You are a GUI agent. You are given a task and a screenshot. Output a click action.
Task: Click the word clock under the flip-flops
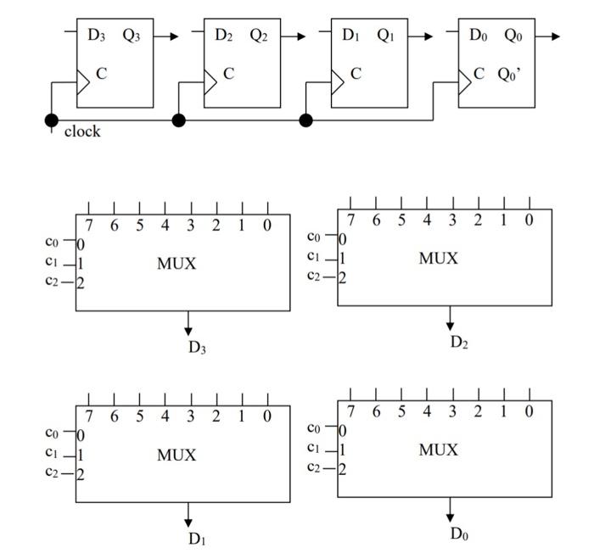coord(82,131)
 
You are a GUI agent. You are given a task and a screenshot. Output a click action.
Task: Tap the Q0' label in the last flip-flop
coord(509,74)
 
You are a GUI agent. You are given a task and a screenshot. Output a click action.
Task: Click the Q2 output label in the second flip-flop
coord(260,36)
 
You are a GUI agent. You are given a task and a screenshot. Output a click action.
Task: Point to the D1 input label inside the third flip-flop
coord(351,36)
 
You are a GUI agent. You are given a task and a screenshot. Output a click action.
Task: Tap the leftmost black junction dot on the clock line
coord(52,120)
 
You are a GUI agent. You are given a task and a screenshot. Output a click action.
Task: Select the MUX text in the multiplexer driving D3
coord(177,264)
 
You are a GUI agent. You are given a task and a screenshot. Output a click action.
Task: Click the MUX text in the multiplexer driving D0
coord(438,450)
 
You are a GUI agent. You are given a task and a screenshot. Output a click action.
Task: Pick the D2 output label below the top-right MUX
coord(459,342)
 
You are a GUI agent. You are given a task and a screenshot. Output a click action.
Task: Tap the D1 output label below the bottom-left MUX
coord(197,539)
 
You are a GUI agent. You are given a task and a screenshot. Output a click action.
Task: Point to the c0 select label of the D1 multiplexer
coord(53,433)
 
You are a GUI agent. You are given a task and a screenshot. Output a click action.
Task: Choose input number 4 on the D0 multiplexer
coord(427,412)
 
